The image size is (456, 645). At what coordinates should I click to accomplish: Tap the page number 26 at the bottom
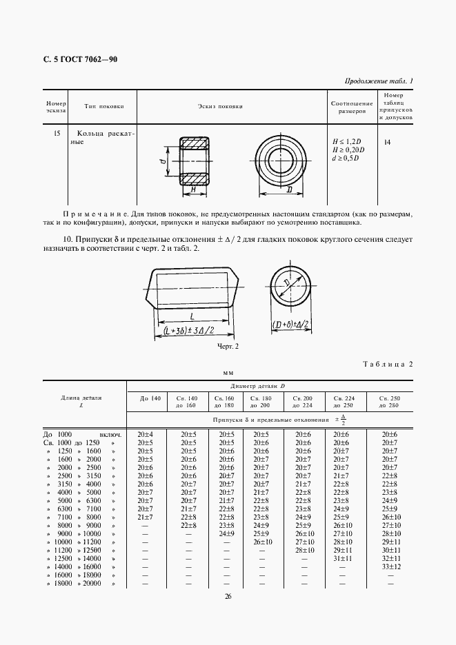point(228,597)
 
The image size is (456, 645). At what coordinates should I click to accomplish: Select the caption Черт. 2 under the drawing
point(227,345)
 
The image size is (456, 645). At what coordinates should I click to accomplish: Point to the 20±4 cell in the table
point(145,434)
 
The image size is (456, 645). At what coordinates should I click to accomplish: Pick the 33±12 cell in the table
point(390,566)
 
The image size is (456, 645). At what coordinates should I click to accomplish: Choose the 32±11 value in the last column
point(390,558)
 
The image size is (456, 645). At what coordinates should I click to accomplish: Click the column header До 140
point(150,398)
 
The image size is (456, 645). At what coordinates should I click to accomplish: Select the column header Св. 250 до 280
point(390,402)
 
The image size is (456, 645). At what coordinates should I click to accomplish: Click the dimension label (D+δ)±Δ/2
point(289,325)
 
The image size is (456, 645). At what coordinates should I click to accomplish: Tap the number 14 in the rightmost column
point(387,142)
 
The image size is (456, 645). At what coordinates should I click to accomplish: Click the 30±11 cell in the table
point(390,550)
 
